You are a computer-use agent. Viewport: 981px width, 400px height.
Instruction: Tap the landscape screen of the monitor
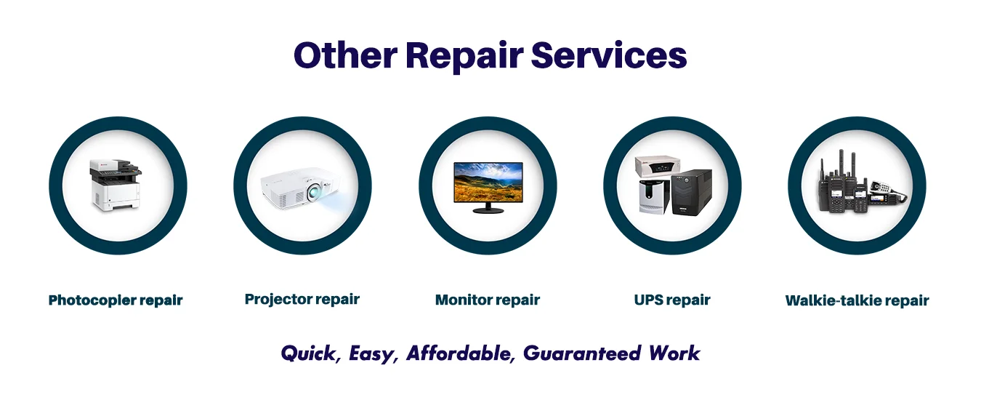point(487,181)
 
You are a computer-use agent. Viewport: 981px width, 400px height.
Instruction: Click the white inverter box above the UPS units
point(660,166)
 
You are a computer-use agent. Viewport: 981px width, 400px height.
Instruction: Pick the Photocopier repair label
point(116,300)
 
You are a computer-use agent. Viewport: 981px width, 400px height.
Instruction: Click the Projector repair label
point(302,299)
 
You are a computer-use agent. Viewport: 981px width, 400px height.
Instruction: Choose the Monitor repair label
point(488,300)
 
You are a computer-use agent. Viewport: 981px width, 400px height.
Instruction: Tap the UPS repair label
point(672,300)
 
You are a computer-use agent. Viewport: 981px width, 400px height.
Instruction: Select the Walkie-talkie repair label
point(857,300)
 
